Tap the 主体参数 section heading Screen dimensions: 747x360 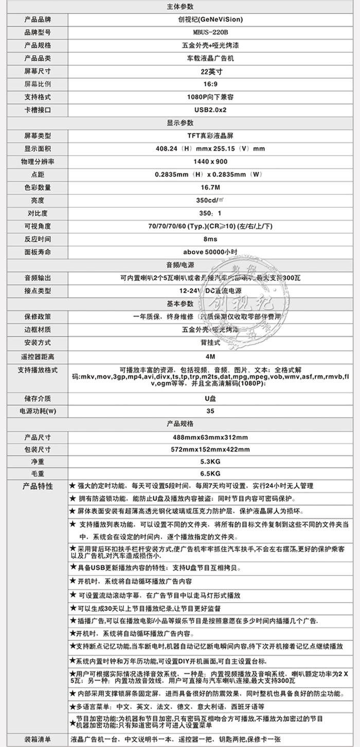[x=181, y=7]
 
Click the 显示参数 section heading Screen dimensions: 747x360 [x=181, y=123]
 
